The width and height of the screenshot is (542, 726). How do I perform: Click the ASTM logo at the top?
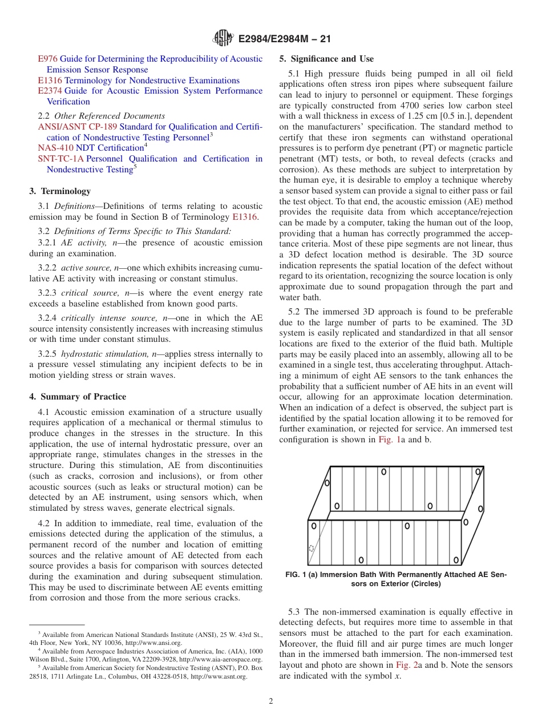coord(223,38)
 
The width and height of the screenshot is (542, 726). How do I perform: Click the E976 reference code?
coord(48,59)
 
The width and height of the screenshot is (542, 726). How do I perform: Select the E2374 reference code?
coord(50,91)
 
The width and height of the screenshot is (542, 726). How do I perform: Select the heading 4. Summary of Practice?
coord(78,397)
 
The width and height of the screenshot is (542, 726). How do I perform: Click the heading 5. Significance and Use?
coord(326,59)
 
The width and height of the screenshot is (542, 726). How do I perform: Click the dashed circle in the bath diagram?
coord(312,548)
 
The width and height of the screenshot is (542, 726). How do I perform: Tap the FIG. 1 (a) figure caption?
coord(395,579)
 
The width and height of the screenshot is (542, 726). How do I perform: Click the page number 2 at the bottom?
coord(271,701)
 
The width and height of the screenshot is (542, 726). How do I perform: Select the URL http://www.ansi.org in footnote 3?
coord(156,643)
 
